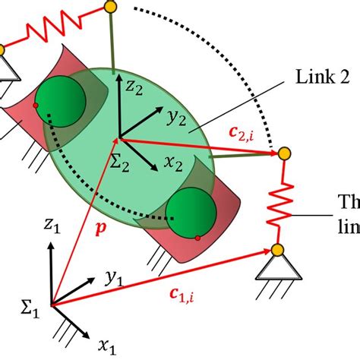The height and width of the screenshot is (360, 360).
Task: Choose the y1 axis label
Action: [x=115, y=280]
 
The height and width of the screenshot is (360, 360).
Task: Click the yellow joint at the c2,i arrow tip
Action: [x=285, y=154]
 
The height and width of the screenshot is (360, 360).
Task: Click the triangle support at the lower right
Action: [x=278, y=267]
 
